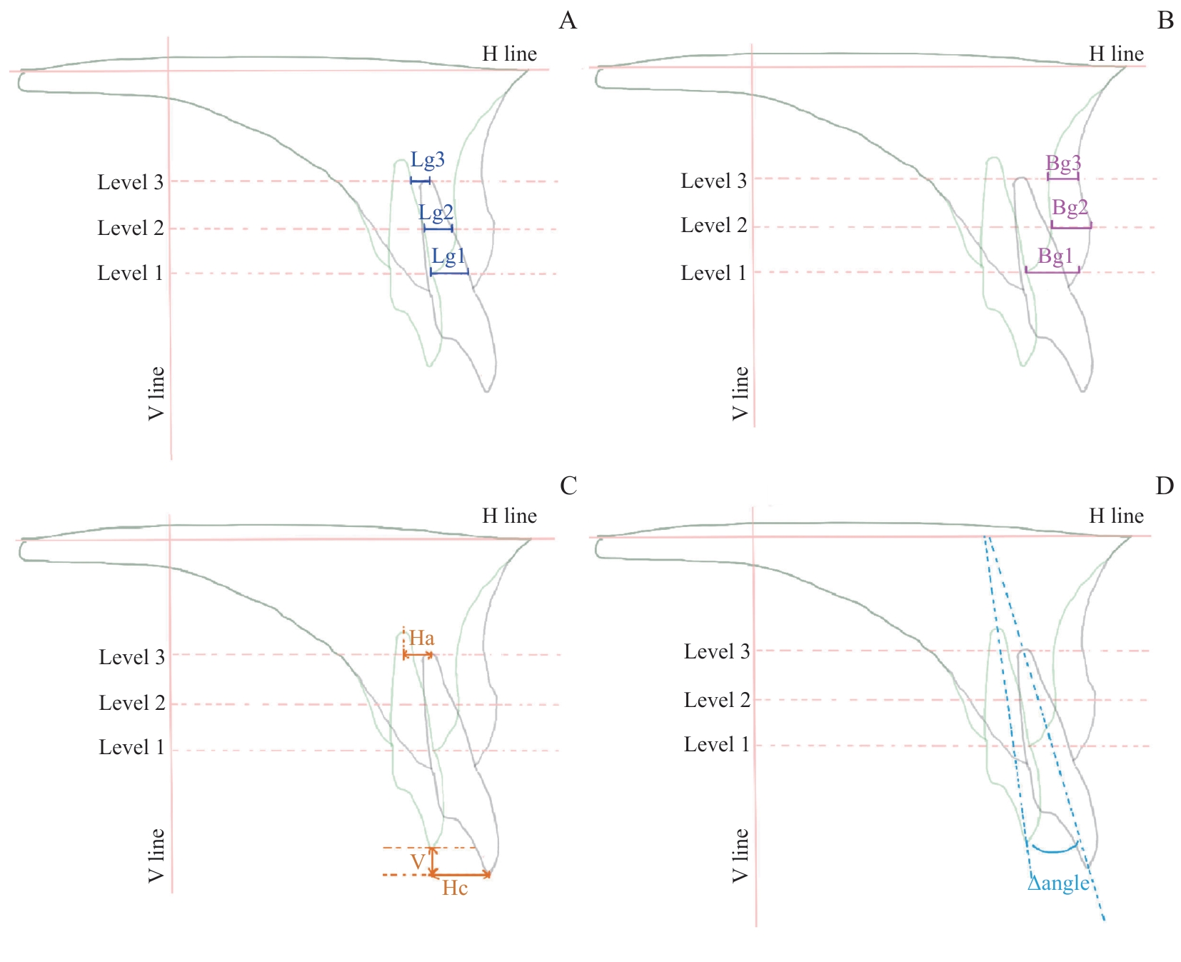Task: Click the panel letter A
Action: (568, 21)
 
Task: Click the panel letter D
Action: (1165, 486)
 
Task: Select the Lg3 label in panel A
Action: (428, 160)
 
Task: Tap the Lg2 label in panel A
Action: (436, 212)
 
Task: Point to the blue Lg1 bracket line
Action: (449, 272)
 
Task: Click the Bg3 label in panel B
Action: (1063, 164)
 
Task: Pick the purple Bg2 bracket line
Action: (1071, 227)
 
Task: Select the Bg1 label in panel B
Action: (1055, 256)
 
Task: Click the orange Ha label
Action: (421, 638)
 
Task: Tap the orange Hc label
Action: (455, 888)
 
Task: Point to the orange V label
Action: (418, 862)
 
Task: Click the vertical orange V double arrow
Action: (432, 861)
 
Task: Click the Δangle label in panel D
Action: (1058, 883)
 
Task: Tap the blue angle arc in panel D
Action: (1055, 850)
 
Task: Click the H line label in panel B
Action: (1116, 54)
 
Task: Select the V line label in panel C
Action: (156, 855)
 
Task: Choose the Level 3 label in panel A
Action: (131, 182)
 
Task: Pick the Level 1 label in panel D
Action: (717, 745)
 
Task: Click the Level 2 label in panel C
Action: (132, 703)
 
